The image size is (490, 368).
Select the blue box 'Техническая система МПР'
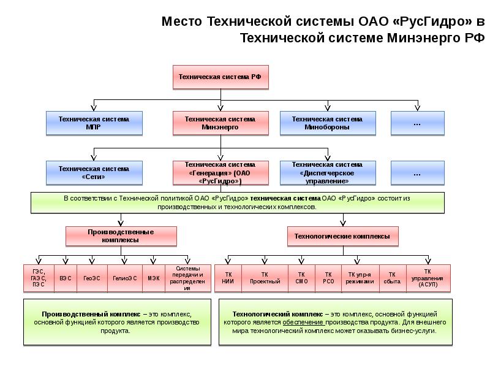[x=94, y=123]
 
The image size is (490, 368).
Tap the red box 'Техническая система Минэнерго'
[x=221, y=123]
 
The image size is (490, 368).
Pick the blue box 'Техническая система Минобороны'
[x=327, y=123]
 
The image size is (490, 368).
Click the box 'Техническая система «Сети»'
[x=94, y=172]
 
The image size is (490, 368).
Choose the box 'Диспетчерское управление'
[x=327, y=172]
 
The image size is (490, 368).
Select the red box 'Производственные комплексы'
[x=121, y=236]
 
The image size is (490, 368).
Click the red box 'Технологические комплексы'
[x=342, y=236]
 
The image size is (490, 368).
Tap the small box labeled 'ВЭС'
[x=66, y=278]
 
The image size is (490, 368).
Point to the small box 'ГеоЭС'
[x=92, y=278]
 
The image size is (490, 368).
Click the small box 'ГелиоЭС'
[x=124, y=278]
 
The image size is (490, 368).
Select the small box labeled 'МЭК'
[x=153, y=278]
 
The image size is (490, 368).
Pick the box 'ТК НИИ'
[x=228, y=278]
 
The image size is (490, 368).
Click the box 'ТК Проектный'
[x=265, y=278]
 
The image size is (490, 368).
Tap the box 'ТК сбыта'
[x=392, y=278]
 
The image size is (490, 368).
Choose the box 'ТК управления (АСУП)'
[x=428, y=278]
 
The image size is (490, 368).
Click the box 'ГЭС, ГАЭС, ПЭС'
[x=39, y=278]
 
